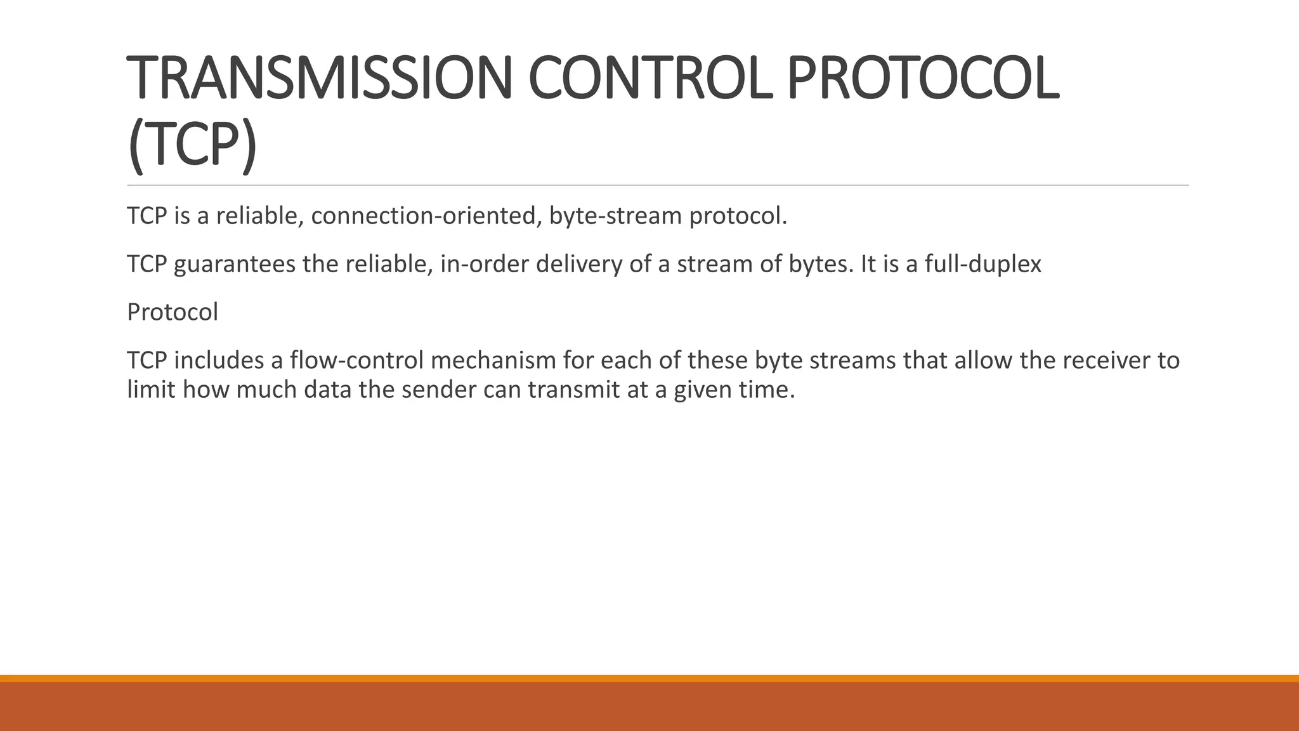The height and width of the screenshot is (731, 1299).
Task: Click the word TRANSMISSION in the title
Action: pyautogui.click(x=319, y=79)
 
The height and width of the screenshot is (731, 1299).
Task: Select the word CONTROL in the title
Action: pyautogui.click(x=650, y=79)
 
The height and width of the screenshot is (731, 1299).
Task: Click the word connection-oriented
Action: pyautogui.click(x=425, y=216)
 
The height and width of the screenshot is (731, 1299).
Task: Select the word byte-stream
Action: pyautogui.click(x=615, y=216)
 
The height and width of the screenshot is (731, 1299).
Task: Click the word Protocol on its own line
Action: pyautogui.click(x=172, y=312)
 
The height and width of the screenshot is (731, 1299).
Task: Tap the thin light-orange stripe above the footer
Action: pyautogui.click(x=649, y=678)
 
